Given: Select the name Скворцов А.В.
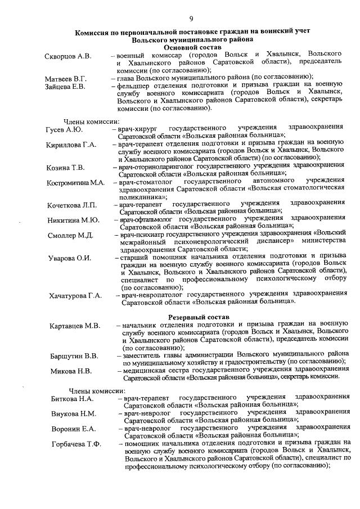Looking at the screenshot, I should point(68,57).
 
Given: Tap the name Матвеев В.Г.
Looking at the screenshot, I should point(66,78).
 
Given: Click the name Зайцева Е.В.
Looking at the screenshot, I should point(65,87).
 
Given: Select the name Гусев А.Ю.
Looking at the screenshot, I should point(64,129).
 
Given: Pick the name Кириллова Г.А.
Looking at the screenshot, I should point(71,145).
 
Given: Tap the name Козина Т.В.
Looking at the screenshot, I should point(65,168).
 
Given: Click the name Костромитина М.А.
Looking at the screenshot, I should point(76,182).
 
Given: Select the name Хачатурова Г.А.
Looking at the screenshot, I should point(75,295).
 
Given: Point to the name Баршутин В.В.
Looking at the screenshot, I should point(74,355).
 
